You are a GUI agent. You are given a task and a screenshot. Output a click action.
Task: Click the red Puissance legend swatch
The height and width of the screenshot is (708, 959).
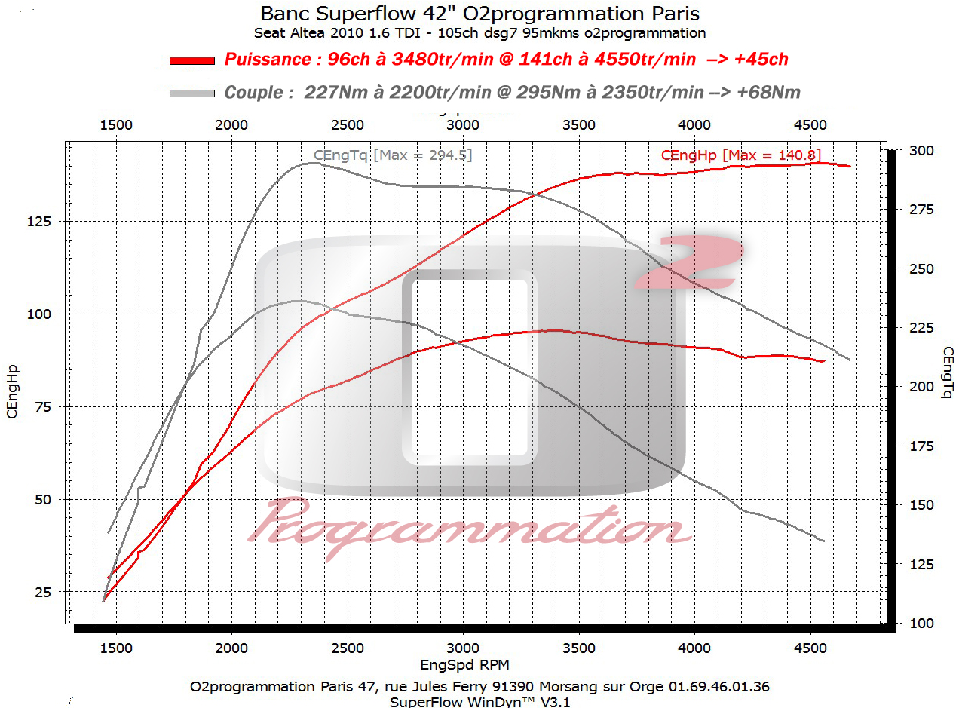coord(192,60)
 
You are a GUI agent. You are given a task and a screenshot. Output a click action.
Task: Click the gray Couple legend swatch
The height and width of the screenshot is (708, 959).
coord(192,93)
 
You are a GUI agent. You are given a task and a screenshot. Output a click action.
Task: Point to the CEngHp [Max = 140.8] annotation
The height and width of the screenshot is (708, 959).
coord(740,155)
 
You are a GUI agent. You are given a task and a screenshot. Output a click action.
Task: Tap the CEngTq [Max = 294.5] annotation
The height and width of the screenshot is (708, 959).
coord(393,155)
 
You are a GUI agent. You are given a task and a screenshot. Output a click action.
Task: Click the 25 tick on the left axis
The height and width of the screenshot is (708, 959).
coord(42,593)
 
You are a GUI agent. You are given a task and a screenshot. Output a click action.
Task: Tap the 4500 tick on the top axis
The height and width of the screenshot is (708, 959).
coord(810,125)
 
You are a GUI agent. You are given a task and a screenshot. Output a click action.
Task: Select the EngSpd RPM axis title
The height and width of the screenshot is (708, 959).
coord(464,664)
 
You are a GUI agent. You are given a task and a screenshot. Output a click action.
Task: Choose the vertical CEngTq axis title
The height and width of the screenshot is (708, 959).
coord(947,371)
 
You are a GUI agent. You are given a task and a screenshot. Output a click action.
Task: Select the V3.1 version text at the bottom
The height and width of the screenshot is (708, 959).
coord(560,701)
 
